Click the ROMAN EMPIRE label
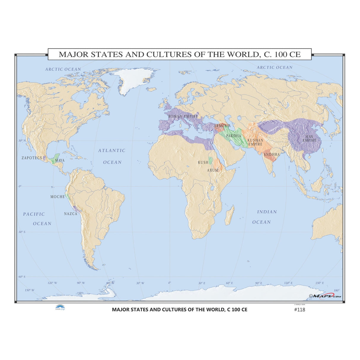pos(183,117)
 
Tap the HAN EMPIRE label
pos(309,138)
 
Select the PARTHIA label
pos(234,136)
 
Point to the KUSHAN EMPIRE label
pos(255,142)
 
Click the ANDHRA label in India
pos(272,154)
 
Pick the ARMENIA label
pos(222,126)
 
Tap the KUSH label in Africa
pos(203,163)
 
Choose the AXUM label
pos(213,170)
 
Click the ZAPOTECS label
pos(32,158)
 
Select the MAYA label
pos(60,160)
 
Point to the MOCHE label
pos(58,197)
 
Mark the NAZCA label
pos(71,214)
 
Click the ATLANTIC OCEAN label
pos(112,156)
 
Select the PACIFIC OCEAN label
pos(34,219)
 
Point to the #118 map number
pos(299,310)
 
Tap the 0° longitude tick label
pos(170,283)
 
